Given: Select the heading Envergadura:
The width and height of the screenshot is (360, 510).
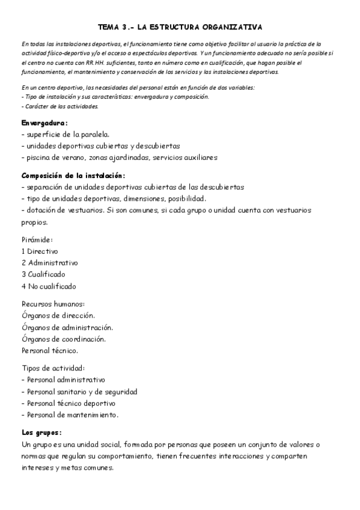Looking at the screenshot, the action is tap(44, 123).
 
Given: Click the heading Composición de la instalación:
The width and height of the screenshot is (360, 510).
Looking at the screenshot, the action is tap(73, 176).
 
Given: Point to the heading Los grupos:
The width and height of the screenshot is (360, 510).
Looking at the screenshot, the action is tap(41, 432).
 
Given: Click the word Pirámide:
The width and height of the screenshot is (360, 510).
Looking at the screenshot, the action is tap(37, 239).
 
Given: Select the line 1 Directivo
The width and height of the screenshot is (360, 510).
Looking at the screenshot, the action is tap(40, 251).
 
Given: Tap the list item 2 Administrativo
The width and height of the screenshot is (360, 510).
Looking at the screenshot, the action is tap(49, 263).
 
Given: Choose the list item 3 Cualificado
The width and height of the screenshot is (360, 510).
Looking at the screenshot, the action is tap(44, 274).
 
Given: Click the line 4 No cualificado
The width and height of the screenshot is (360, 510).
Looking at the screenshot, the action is tap(49, 286).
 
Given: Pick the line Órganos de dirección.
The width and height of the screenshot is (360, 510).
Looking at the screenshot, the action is tap(58, 315).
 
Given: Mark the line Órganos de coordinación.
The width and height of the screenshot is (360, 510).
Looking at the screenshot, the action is tap(63, 339).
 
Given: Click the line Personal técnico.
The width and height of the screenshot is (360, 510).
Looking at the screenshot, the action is tap(50, 351).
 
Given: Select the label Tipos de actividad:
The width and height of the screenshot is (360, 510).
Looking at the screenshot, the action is tap(53, 368).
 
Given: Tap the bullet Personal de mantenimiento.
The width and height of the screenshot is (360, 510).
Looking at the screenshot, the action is tap(71, 415).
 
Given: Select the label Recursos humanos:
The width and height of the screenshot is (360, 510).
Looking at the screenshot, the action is tap(53, 304).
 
